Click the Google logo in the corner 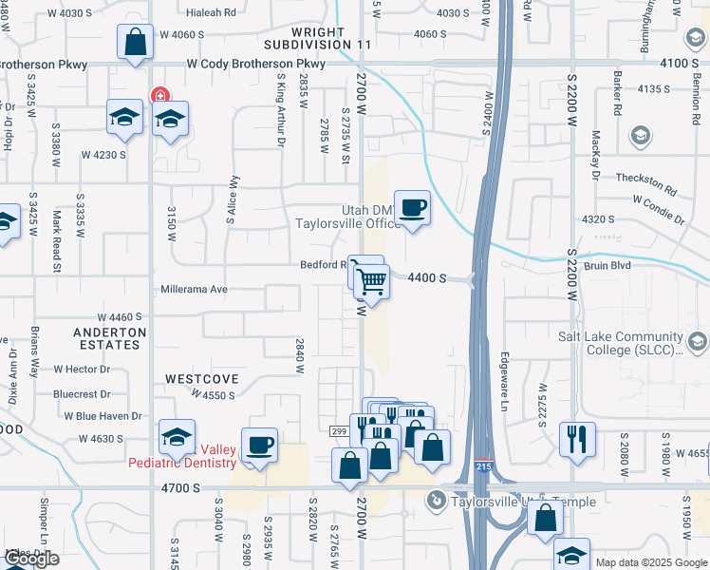(x=30, y=559)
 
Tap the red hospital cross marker (x=159, y=95)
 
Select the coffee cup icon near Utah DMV (x=412, y=208)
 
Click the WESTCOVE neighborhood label (x=200, y=378)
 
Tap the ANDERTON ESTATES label (x=110, y=339)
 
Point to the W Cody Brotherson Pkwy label (x=256, y=64)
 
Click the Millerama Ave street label (x=195, y=289)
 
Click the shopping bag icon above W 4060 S (x=135, y=41)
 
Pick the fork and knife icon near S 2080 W (x=577, y=438)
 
